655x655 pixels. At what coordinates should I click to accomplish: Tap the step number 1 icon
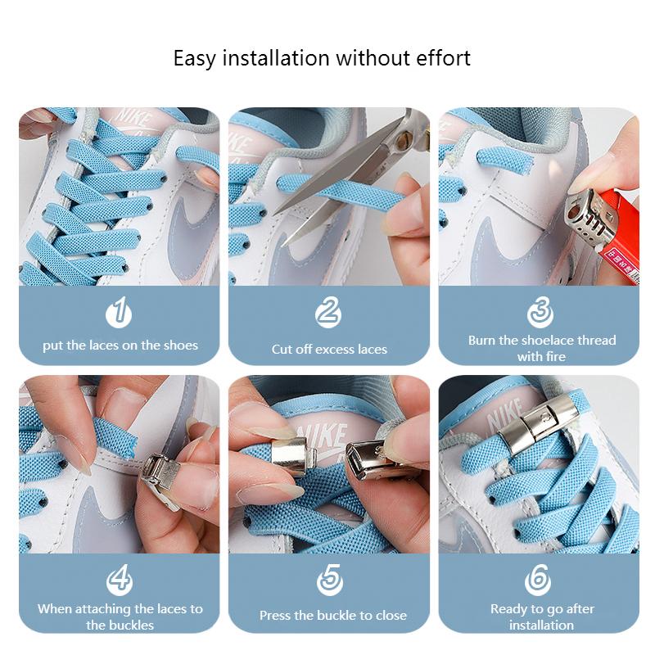click(x=119, y=313)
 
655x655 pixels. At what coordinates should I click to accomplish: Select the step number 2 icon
click(x=328, y=313)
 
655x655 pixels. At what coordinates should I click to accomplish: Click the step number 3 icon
click(x=540, y=313)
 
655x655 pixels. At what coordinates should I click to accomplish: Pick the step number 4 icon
click(x=120, y=580)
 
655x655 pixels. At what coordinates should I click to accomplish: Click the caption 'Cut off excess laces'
click(x=329, y=349)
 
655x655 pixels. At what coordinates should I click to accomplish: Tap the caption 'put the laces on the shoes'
click(x=120, y=346)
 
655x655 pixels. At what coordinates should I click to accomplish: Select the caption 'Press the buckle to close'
click(x=332, y=616)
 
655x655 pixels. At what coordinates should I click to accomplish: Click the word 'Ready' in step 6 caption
click(x=509, y=608)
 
